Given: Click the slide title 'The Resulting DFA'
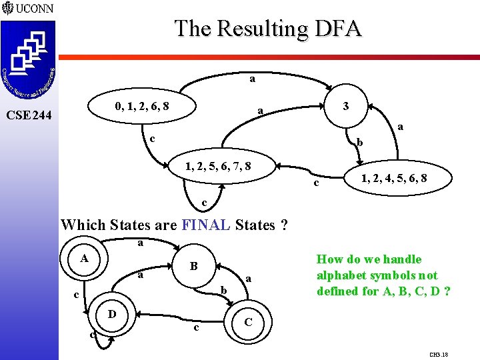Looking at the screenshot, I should (268, 29).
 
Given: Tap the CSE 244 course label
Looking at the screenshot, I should (29, 115).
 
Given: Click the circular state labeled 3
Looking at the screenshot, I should (345, 106).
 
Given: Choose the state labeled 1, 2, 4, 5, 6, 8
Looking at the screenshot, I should (393, 178).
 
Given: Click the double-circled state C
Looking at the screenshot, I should (247, 321).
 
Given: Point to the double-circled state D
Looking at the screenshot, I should (113, 313).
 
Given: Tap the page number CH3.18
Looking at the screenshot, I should (439, 355).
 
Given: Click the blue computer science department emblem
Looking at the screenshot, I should (28, 60).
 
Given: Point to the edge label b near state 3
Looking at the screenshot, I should (359, 142).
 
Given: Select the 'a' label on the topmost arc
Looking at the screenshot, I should (252, 79).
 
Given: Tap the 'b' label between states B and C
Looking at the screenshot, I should (224, 290).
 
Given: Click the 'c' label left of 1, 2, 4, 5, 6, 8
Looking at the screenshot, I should (317, 183).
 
